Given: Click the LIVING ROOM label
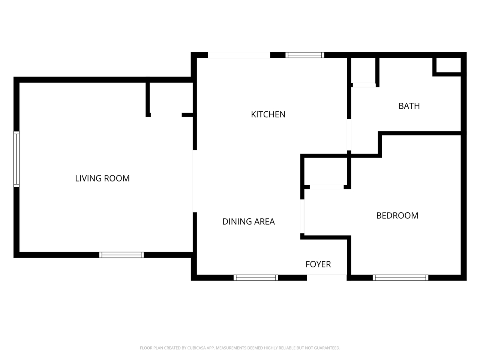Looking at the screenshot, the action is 102,178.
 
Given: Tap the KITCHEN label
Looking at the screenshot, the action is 268,114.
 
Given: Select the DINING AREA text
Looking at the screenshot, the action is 248,222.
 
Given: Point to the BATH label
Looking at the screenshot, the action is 409,106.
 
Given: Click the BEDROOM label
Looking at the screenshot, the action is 397,216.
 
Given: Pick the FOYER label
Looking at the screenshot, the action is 318,264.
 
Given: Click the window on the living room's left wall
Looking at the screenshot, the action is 16,159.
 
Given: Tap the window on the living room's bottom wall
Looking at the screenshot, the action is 121,255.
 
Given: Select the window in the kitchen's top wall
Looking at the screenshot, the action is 304,55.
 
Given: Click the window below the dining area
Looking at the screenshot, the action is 256,278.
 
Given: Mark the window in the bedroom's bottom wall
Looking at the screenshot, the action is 400,278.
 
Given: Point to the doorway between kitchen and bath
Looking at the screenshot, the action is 349,135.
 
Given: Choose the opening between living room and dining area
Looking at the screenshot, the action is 195,181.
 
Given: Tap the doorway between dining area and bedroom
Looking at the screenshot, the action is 302,216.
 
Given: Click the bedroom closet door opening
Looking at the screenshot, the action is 327,187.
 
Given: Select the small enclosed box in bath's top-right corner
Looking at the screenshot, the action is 448,65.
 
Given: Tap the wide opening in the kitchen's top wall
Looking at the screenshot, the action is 239,55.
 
